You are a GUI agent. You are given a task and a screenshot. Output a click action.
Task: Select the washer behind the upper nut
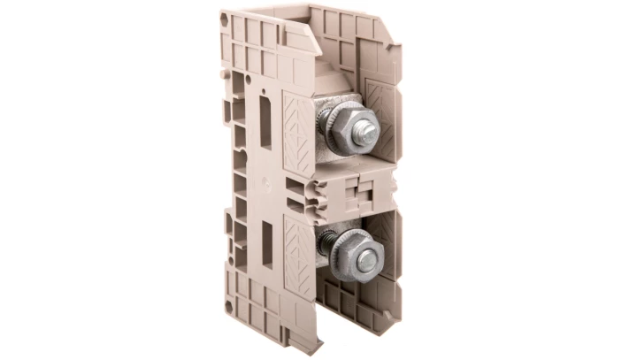[335, 133]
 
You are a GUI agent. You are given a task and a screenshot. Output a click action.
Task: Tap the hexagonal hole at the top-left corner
[223, 17]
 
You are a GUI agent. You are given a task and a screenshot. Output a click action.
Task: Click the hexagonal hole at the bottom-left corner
[233, 310]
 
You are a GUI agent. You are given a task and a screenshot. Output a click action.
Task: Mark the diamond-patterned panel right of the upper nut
[387, 115]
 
